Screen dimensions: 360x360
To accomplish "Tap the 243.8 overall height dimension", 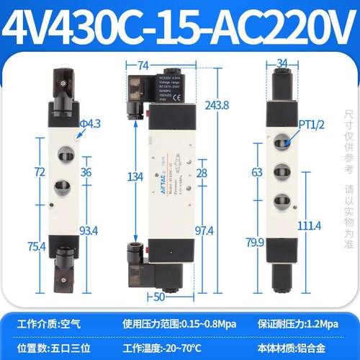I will pos(218,104).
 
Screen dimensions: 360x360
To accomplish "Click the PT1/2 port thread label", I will pos(310,125).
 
